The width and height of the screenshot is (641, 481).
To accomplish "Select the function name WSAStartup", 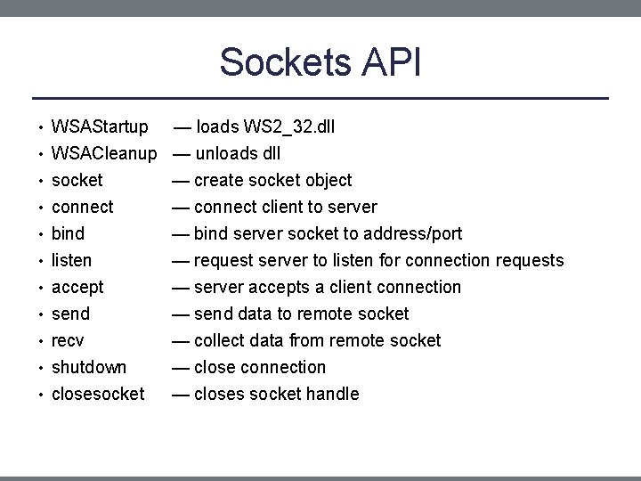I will [100, 126].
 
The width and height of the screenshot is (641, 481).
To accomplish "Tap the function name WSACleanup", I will [104, 153].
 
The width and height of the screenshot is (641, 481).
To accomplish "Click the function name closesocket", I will [98, 394].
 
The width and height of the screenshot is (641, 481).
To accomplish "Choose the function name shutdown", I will [89, 367].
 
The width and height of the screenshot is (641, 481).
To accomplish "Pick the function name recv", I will [68, 340].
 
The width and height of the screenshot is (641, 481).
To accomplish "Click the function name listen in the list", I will [71, 260].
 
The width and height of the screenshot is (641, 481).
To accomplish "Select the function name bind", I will [68, 233].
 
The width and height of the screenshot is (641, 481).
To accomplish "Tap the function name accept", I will [77, 287].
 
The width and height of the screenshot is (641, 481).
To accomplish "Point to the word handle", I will [332, 394].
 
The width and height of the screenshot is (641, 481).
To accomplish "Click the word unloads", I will [225, 153].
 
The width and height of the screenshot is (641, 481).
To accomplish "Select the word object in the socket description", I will [327, 180].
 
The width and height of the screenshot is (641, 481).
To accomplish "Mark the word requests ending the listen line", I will [530, 260].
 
